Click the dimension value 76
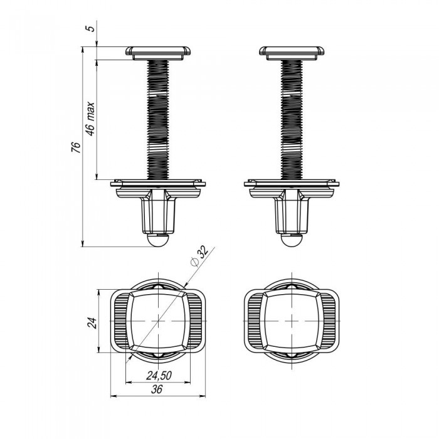point(76,147)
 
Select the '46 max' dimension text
point(90,119)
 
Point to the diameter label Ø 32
point(199,256)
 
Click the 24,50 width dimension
point(159,376)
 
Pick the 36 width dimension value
point(157,389)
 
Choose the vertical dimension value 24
point(92,323)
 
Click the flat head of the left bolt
point(158,53)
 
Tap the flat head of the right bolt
point(292,53)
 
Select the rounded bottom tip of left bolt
point(158,240)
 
